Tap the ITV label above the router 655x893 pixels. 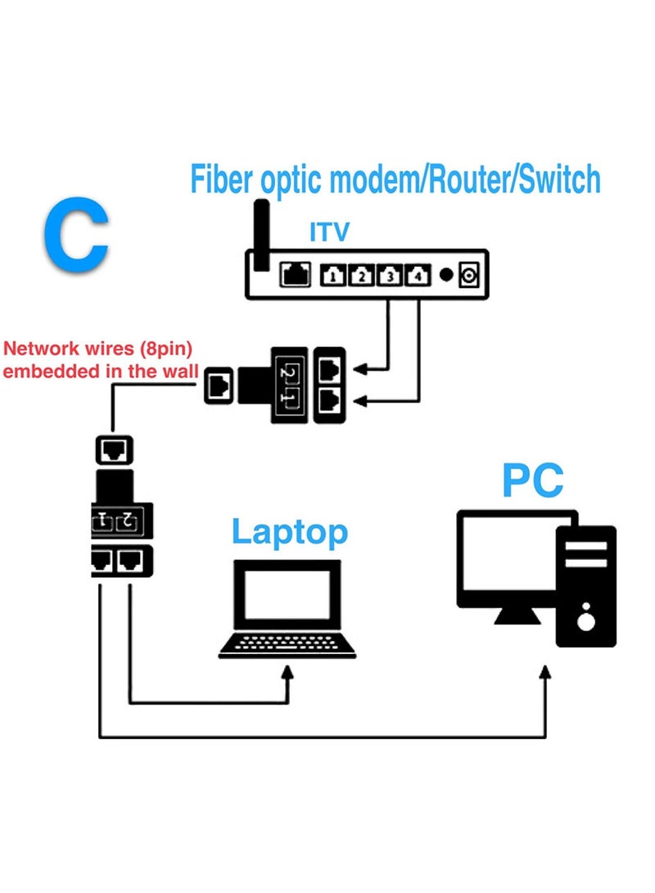pos(329,232)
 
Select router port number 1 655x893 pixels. pos(332,276)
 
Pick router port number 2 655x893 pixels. pos(360,276)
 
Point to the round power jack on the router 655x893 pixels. pos(469,276)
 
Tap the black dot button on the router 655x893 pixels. pos(445,275)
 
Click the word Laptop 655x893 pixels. pos(289,532)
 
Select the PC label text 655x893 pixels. pos(533,480)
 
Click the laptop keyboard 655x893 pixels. pos(287,645)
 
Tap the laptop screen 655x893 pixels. pos(287,591)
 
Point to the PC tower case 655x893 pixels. pos(586,585)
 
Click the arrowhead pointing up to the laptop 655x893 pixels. pos(287,672)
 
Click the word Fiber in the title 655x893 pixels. pos(222,179)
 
